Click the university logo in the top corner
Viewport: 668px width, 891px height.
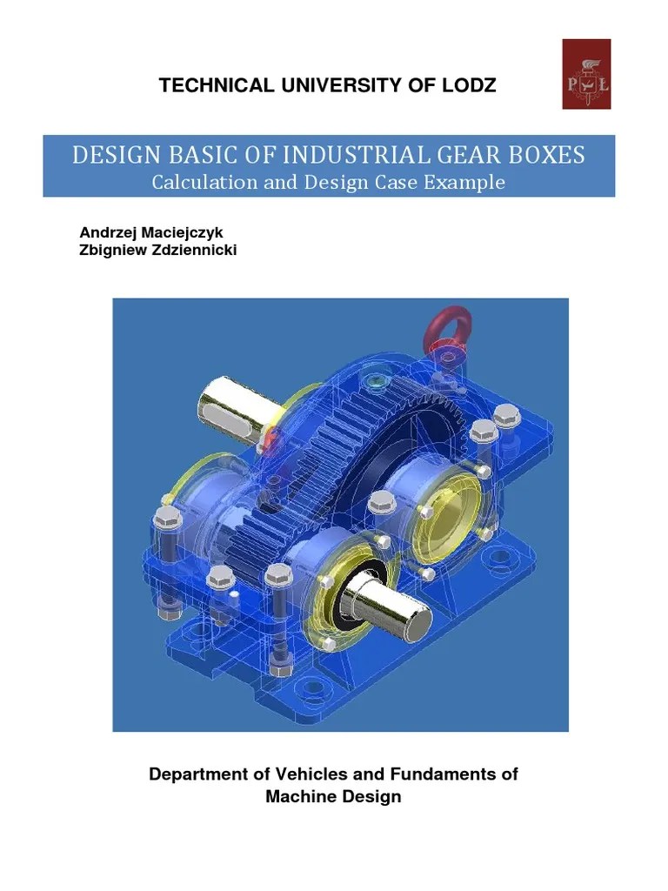(586, 74)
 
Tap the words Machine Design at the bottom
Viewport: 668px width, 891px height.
(333, 796)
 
